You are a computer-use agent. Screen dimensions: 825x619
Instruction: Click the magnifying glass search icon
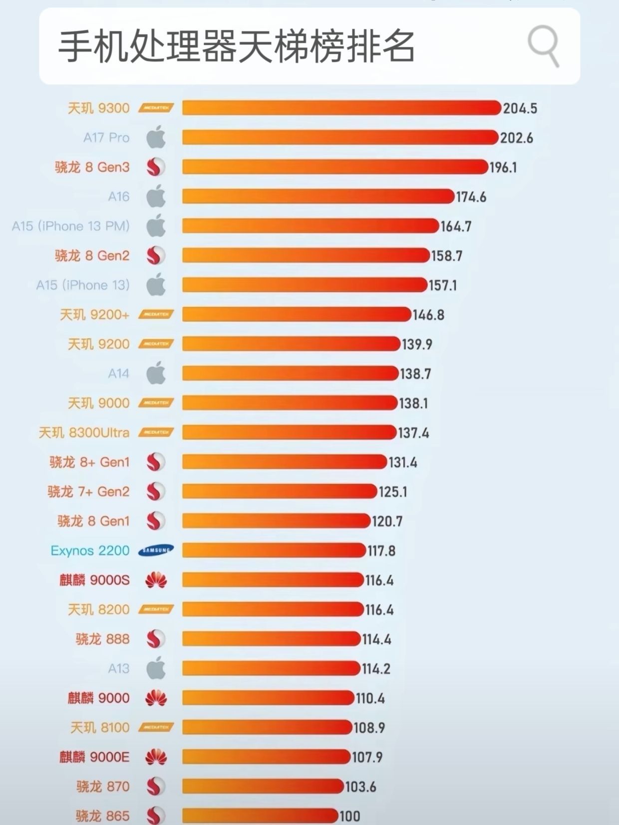(x=543, y=45)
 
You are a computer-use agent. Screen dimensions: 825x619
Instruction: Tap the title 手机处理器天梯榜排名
(x=237, y=46)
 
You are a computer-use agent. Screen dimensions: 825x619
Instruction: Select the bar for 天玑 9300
(x=341, y=108)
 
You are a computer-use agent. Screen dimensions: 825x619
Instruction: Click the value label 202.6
(x=517, y=138)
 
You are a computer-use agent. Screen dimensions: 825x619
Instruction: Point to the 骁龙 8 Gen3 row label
(x=92, y=167)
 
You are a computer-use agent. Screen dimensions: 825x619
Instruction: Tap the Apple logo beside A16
(x=156, y=196)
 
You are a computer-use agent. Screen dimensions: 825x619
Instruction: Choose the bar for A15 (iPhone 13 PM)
(x=310, y=226)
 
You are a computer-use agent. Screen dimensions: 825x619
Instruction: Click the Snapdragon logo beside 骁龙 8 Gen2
(x=156, y=256)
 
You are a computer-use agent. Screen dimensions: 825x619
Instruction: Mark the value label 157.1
(x=443, y=285)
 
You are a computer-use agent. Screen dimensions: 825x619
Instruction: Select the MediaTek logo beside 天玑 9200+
(x=156, y=314)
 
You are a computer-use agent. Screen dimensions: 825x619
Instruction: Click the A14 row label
(x=119, y=373)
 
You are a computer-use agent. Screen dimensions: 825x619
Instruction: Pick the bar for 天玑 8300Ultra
(x=289, y=432)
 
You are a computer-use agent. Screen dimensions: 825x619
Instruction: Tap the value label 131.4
(x=403, y=462)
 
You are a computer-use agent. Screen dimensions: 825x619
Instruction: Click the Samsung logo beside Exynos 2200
(x=156, y=550)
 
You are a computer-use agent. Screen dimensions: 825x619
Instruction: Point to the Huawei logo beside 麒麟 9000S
(x=156, y=580)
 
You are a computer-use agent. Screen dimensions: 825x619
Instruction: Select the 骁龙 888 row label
(x=103, y=639)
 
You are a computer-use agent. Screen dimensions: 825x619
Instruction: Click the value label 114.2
(x=376, y=669)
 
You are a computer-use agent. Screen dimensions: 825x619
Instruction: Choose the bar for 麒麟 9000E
(x=266, y=757)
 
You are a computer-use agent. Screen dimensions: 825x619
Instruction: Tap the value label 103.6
(x=360, y=787)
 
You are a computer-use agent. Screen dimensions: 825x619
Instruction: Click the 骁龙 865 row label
(x=103, y=816)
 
